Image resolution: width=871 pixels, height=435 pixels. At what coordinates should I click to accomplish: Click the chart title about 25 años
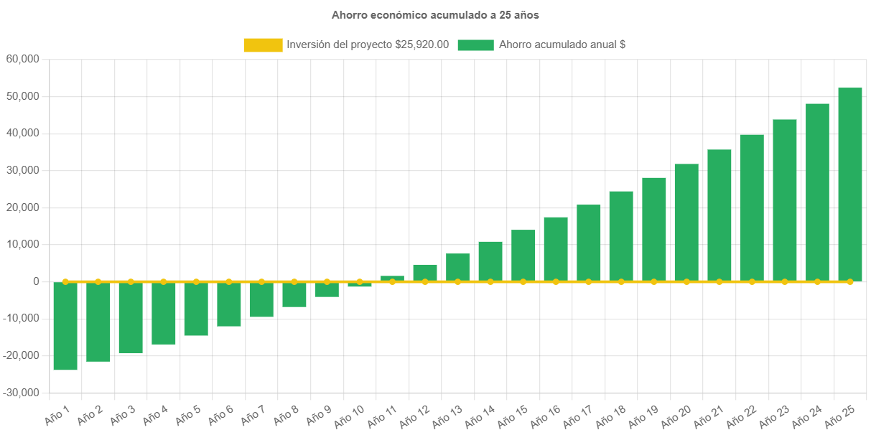pos(435,14)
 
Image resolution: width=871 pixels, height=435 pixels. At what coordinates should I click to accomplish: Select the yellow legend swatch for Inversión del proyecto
pos(263,45)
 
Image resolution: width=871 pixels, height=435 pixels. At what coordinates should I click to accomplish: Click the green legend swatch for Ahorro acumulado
pos(475,45)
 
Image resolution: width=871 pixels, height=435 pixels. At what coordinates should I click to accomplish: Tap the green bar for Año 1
pos(65,327)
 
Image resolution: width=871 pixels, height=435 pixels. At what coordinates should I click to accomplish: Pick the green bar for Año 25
pos(850,184)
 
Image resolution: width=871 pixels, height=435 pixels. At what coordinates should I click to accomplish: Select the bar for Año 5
pos(196,309)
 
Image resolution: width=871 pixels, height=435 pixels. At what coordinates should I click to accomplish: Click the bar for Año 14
pos(490,261)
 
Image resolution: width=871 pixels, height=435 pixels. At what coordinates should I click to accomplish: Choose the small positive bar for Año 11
pos(392,278)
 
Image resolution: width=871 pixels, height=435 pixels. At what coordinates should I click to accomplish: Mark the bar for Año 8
pos(294,295)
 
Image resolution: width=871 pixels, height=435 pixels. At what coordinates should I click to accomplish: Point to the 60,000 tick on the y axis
pos(22,59)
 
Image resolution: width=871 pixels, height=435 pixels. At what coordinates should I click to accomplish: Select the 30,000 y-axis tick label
pos(22,170)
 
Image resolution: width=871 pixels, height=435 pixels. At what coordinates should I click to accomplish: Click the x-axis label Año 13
pos(448,415)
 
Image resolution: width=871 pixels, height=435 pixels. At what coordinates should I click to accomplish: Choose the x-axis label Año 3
pos(123,413)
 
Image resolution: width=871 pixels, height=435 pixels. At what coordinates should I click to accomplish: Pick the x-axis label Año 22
pos(742,415)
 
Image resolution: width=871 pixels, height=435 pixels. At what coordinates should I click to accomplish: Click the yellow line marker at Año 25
pos(850,281)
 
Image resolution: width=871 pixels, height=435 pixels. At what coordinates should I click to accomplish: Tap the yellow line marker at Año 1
pos(65,281)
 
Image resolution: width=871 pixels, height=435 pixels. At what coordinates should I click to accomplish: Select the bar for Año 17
pos(589,243)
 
